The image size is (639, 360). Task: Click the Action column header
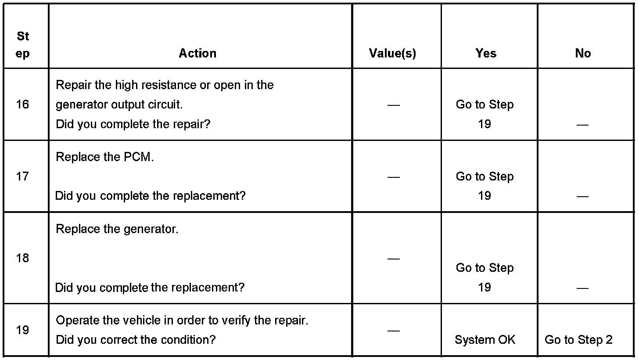pos(197,54)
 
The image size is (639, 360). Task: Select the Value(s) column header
pos(392,54)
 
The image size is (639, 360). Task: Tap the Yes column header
pos(486,54)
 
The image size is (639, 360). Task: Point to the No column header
pos(583,54)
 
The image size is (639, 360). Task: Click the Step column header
pos(23,45)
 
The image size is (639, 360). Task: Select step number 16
pos(22,104)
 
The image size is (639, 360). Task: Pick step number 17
pos(22,176)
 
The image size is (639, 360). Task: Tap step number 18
pos(22,258)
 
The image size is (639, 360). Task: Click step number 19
pos(22,330)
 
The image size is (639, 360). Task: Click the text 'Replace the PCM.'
pos(105,157)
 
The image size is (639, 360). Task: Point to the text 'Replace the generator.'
pos(117,229)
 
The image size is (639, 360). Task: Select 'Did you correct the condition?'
pos(136,340)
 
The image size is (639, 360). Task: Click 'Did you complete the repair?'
pos(133,124)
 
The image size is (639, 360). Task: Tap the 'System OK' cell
pos(485,340)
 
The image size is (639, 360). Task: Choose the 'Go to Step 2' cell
pos(578,340)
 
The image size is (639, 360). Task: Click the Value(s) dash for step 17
pos(394,177)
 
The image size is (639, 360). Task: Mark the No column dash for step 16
pos(582,125)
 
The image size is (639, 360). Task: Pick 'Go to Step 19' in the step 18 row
pos(485,277)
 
